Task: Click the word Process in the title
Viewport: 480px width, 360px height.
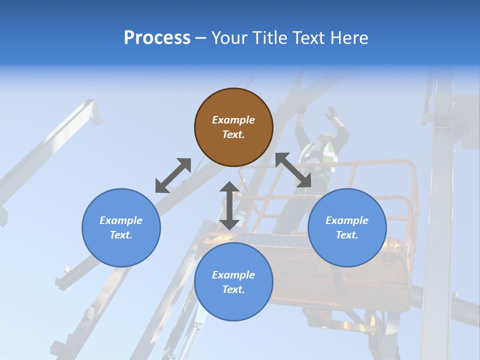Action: [x=157, y=38]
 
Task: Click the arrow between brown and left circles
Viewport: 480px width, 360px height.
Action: [x=173, y=175]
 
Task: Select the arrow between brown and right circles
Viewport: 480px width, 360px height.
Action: [x=293, y=170]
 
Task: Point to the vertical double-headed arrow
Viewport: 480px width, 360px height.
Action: [x=229, y=205]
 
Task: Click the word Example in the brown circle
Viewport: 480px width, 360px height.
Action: [x=233, y=120]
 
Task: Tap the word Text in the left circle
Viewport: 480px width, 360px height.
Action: [x=121, y=235]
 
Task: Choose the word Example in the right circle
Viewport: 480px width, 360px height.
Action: [x=347, y=220]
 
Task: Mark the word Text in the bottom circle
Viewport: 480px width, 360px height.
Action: [x=233, y=289]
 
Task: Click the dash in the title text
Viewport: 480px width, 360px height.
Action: [x=201, y=38]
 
